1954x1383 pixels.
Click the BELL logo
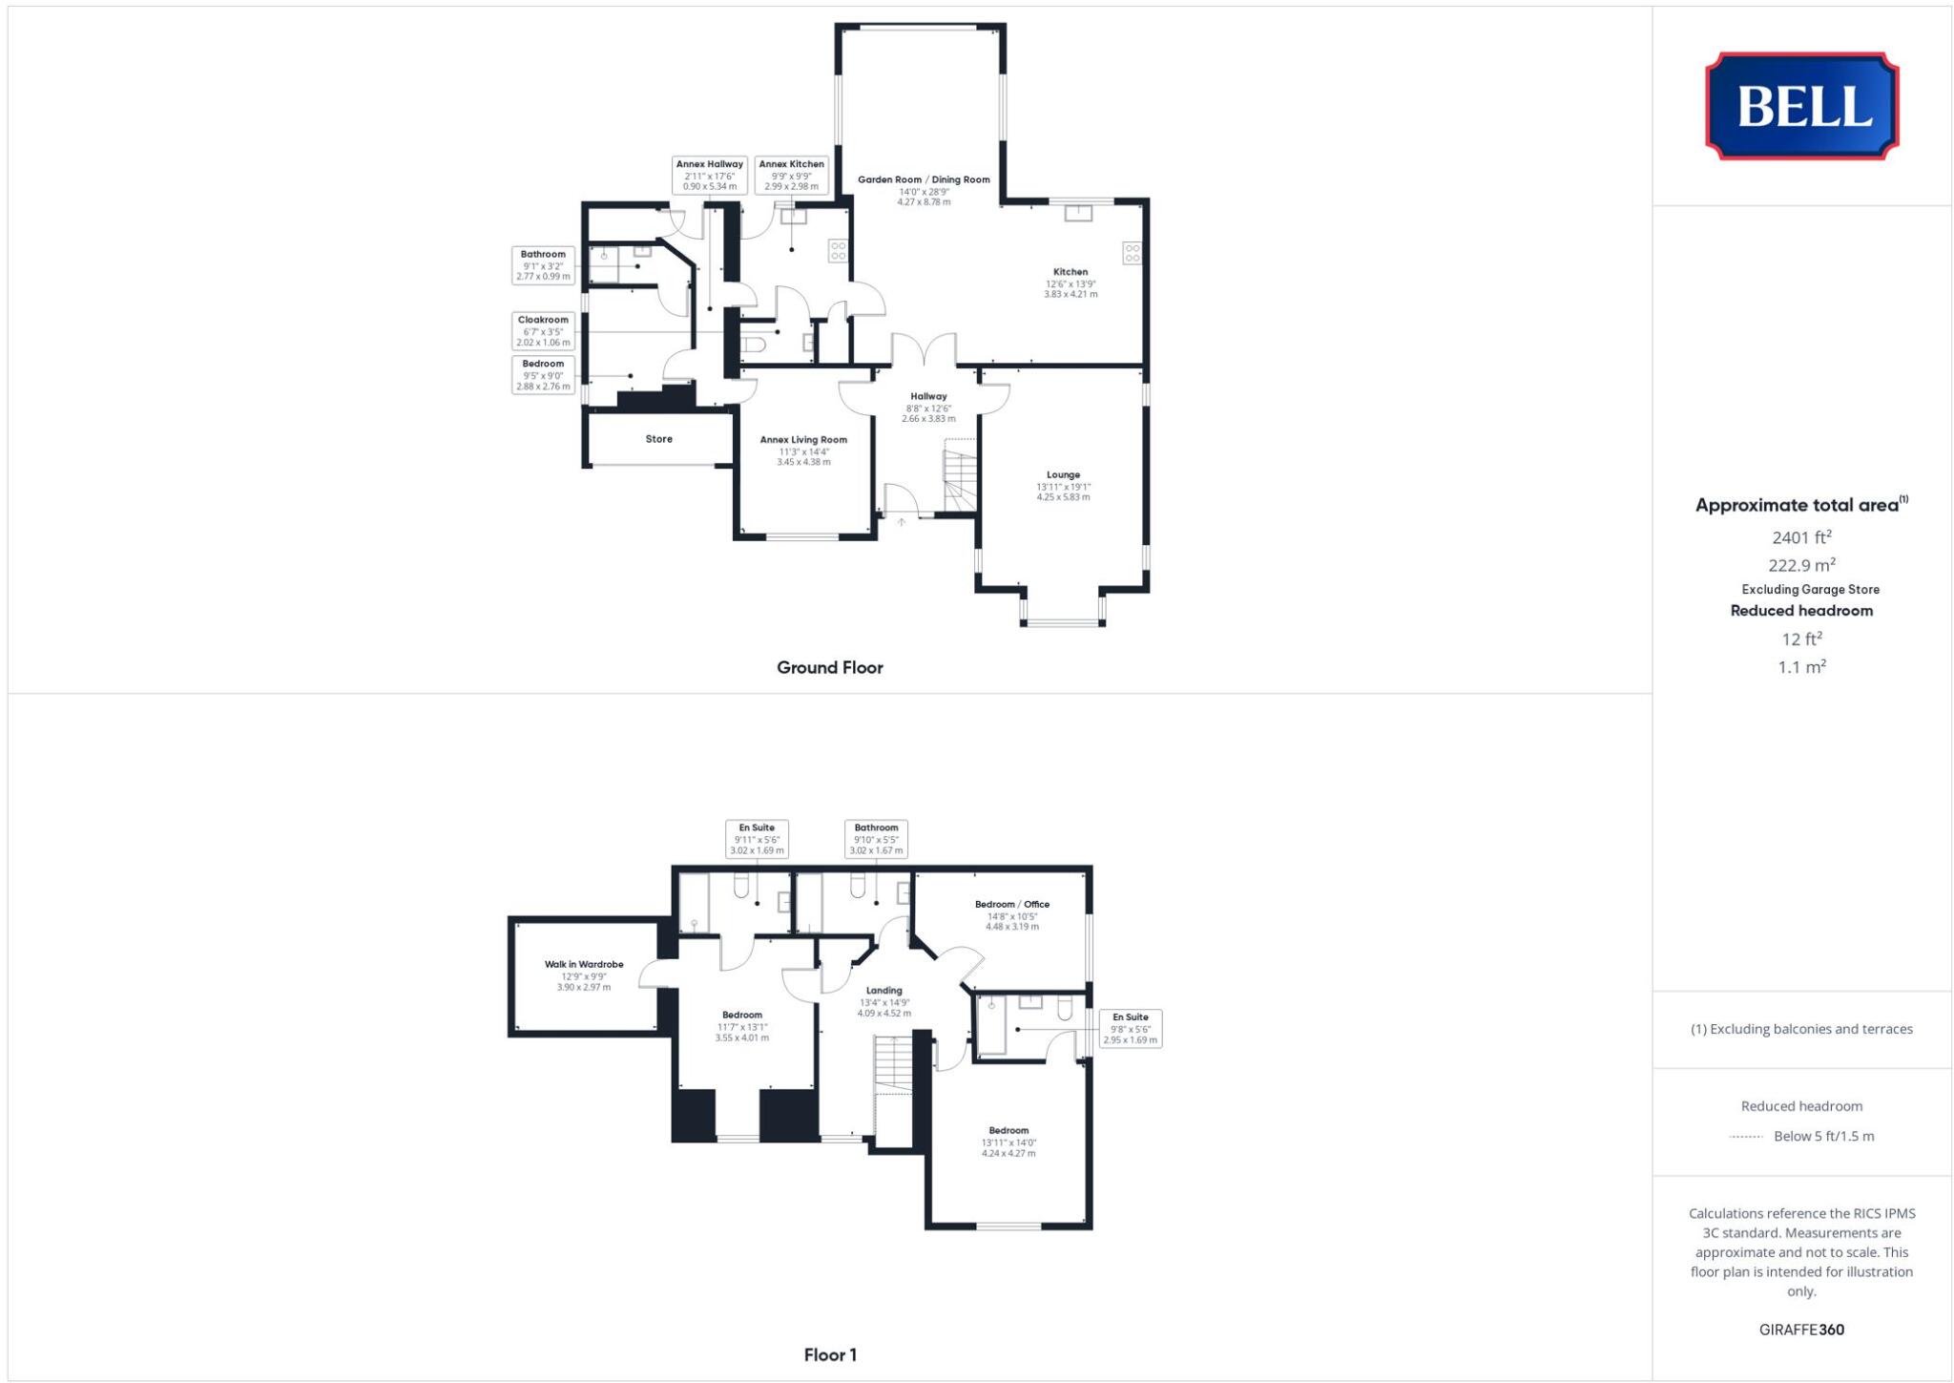tap(1801, 106)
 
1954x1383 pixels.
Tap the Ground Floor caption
tap(829, 667)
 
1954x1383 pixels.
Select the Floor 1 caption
tap(829, 1354)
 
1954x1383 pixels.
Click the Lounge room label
tap(1063, 474)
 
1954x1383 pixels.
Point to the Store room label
tap(658, 439)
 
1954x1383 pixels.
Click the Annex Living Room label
tap(803, 440)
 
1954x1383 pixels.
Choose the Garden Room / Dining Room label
tap(924, 179)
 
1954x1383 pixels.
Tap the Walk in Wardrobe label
tap(584, 965)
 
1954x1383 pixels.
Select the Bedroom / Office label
tap(1011, 904)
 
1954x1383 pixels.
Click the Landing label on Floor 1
tap(883, 991)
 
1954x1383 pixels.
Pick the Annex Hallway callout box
tap(709, 175)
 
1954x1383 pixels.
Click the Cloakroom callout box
tap(543, 331)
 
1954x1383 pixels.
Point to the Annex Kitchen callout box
tap(791, 175)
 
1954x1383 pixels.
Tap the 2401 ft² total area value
tap(1801, 537)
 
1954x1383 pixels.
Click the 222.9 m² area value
tap(1801, 565)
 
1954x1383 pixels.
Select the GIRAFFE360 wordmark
tap(1801, 1330)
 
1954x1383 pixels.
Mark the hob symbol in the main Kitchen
tap(1132, 253)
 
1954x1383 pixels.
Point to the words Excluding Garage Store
tap(1810, 589)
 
